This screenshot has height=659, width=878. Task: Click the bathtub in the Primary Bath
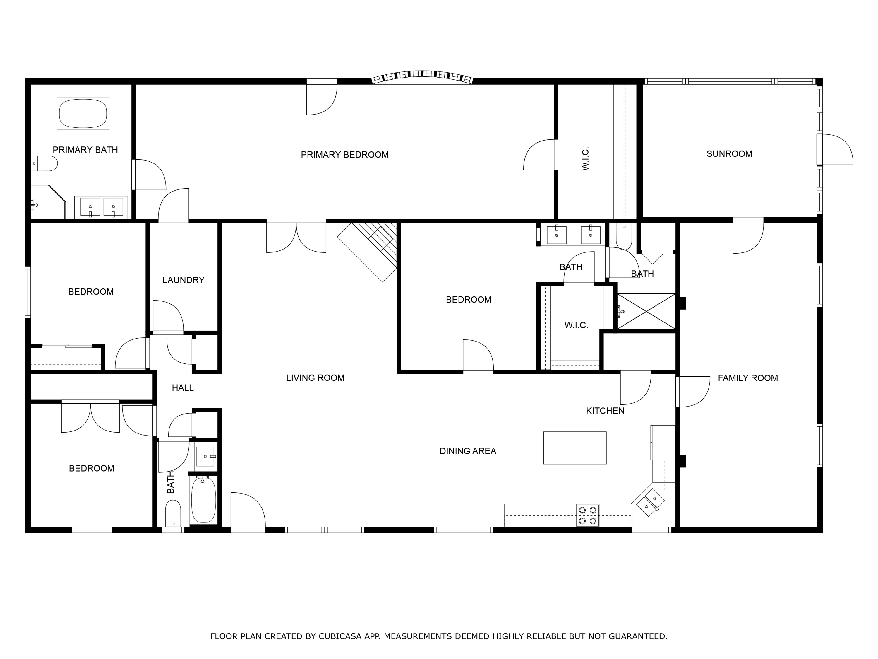(83, 113)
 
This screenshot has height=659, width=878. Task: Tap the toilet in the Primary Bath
(45, 163)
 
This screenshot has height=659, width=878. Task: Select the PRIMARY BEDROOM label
(344, 155)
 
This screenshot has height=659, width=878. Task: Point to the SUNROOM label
(729, 154)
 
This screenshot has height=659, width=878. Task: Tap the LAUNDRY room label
(184, 280)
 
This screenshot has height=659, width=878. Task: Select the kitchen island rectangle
(575, 448)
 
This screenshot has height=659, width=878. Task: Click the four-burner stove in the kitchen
(587, 515)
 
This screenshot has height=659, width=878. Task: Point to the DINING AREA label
(468, 451)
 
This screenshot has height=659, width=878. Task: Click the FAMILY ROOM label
(748, 378)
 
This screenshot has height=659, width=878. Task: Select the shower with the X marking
(646, 311)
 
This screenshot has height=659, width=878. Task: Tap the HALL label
(183, 388)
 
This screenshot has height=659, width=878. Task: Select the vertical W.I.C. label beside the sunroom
(585, 158)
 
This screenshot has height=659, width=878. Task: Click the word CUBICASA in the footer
(340, 636)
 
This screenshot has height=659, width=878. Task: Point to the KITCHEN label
(605, 411)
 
